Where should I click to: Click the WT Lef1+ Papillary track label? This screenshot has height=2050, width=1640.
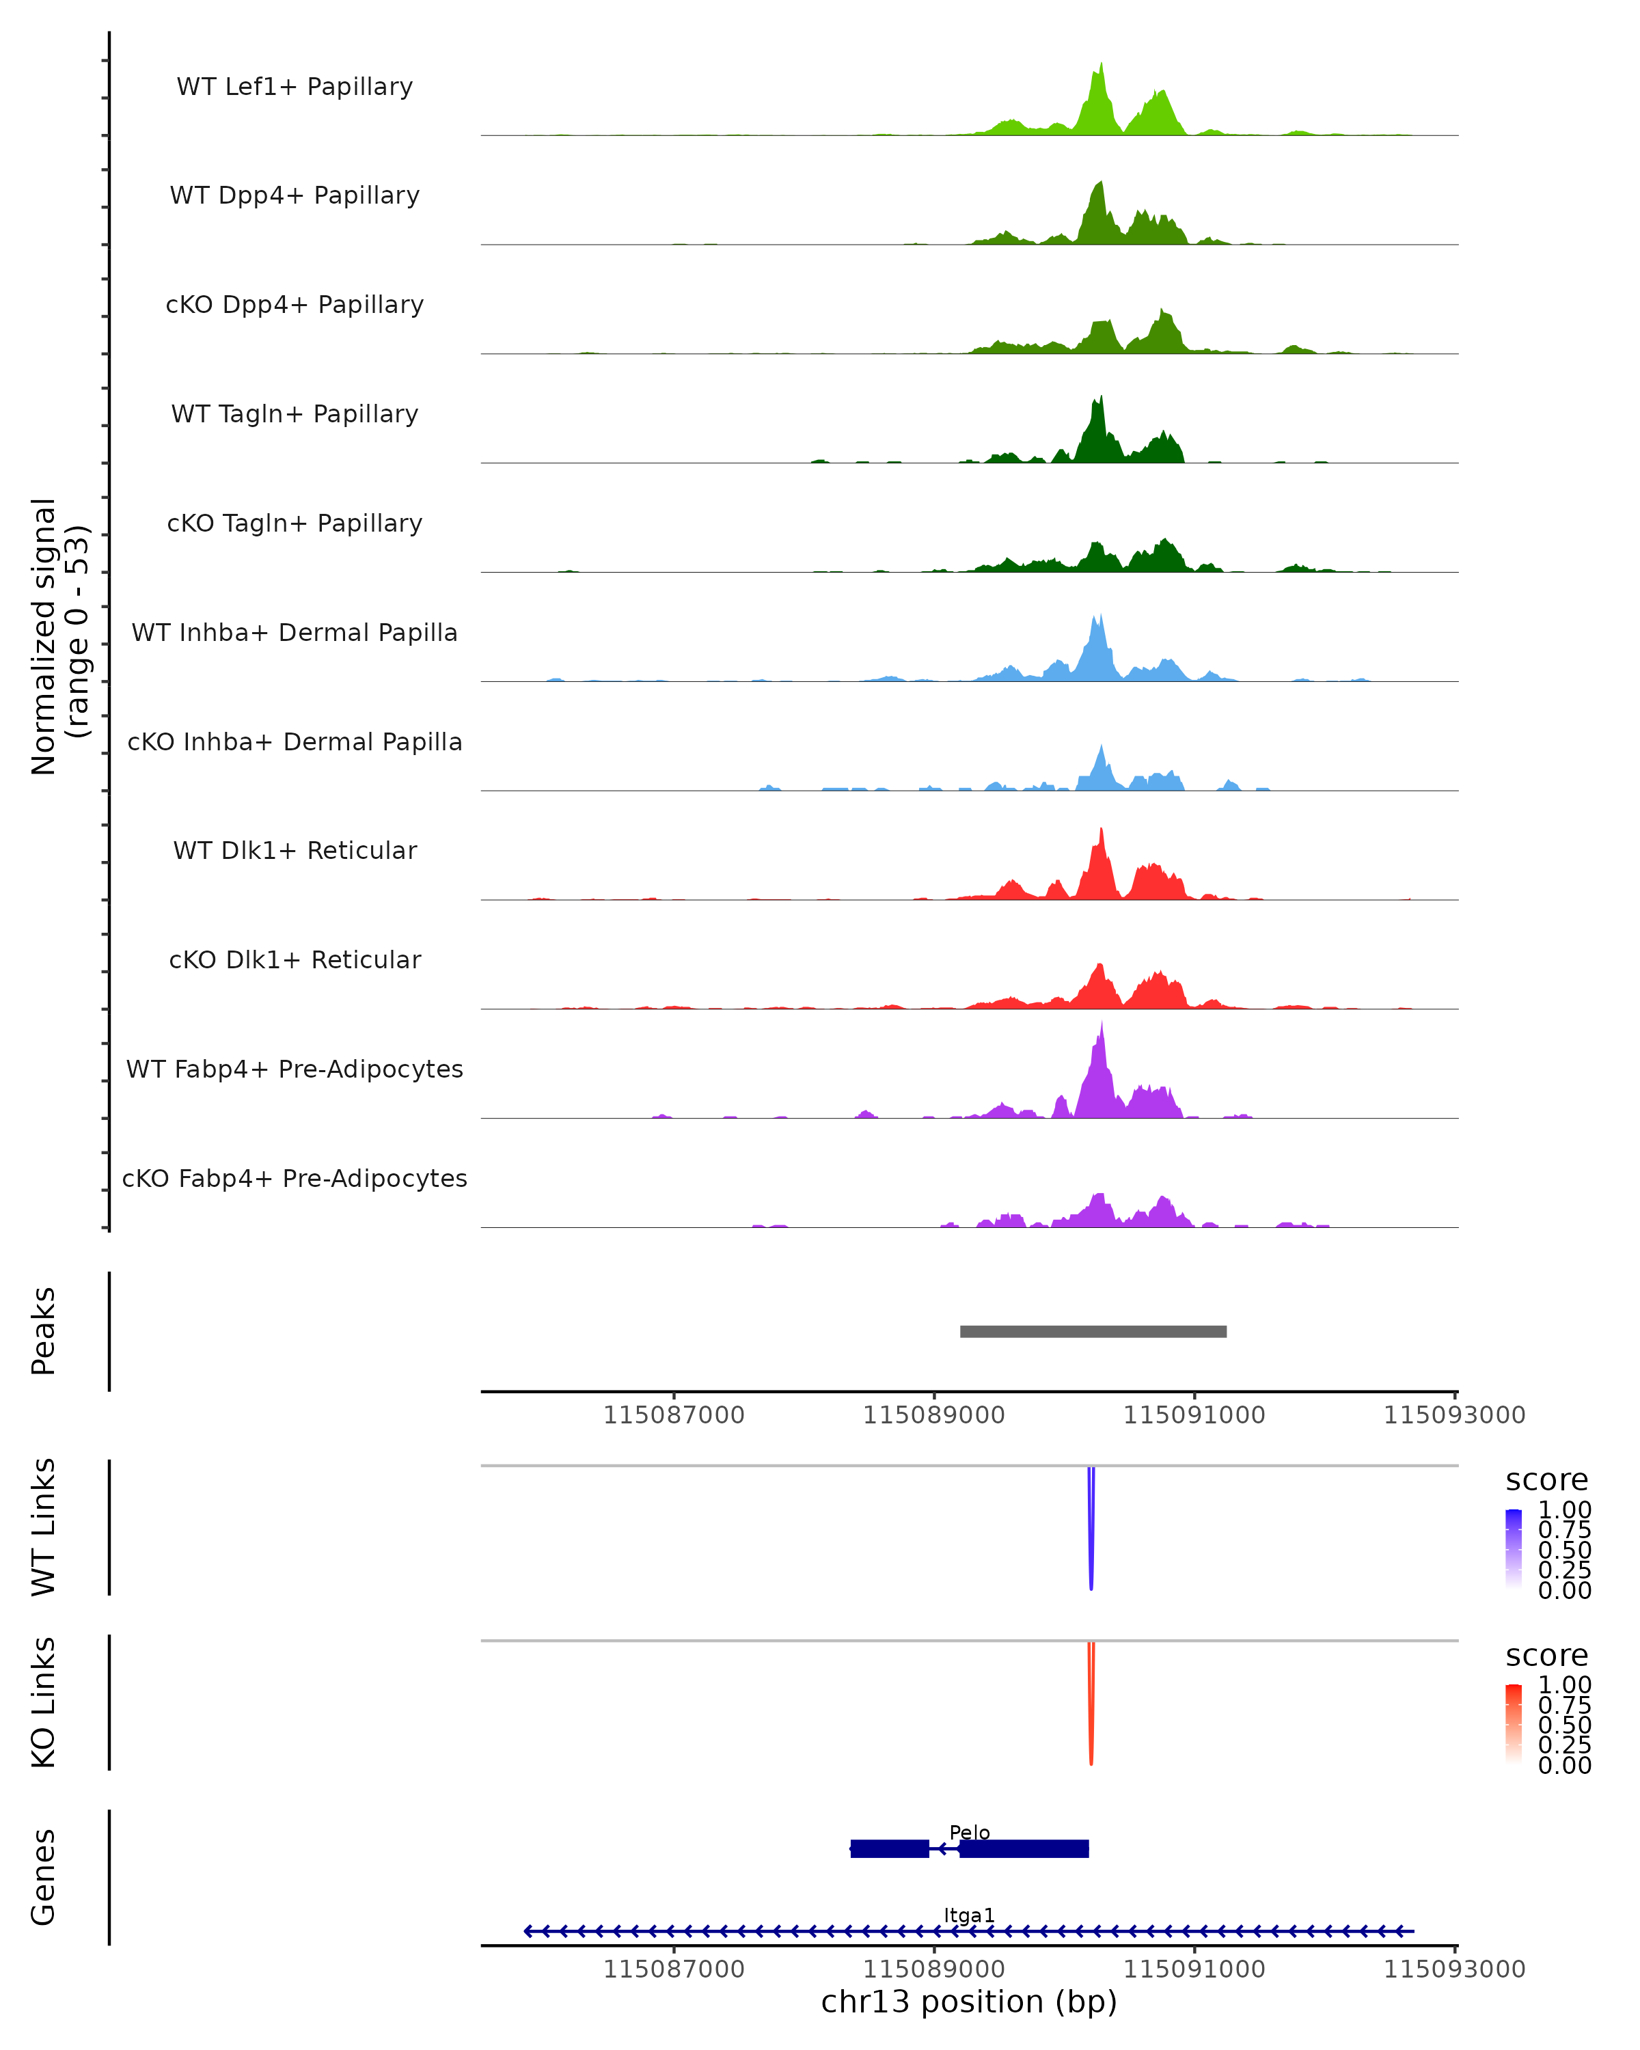295,87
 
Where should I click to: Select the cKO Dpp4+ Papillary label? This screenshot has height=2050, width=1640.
295,305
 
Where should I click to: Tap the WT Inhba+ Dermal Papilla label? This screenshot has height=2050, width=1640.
295,633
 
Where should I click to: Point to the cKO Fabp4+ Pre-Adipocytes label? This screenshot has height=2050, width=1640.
295,1179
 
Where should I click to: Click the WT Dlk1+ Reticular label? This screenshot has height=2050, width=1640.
295,851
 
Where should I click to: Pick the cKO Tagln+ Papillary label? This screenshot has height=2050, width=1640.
295,524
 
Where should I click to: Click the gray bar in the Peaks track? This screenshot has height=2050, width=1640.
1093,1332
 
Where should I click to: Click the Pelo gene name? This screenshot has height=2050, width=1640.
969,1833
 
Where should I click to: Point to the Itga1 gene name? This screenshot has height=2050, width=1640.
969,1916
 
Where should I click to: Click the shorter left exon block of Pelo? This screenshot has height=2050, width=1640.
889,1849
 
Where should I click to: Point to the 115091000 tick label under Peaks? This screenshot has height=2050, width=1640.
1194,1416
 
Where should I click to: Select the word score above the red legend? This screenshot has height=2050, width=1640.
1547,1656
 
